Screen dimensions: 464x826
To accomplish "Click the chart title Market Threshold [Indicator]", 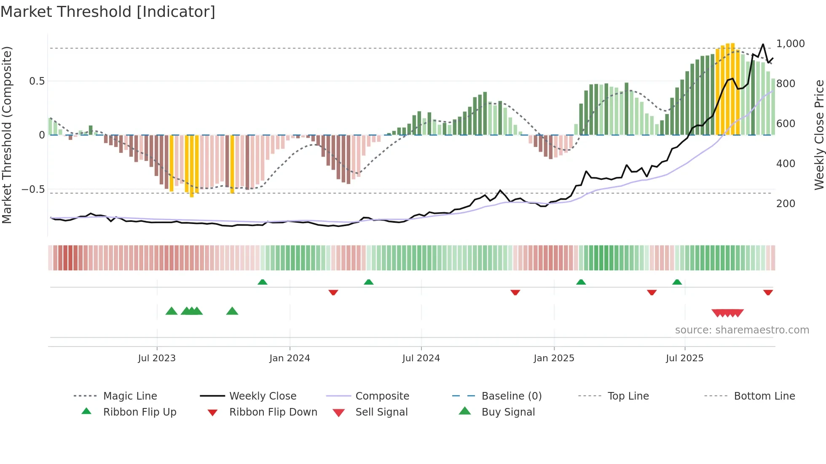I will pos(108,12).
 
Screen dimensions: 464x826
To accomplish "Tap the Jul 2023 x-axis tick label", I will pos(156,358).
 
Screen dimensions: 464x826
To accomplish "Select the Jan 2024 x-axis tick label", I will pos(290,358).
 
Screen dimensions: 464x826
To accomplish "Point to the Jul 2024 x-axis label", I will pos(421,358).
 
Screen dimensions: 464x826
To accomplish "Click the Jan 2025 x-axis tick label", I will pos(554,358).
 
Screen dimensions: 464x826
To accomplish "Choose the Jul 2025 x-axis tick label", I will pos(684,358).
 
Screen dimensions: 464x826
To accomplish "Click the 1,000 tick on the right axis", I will pos(790,44).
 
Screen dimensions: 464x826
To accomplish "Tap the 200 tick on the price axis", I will pos(786,204).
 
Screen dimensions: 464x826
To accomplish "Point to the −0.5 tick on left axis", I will pos(33,189).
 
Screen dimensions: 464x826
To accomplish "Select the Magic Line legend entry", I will pos(130,396).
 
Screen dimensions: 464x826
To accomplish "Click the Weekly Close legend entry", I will pos(263,396).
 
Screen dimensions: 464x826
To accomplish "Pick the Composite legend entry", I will pos(382,396).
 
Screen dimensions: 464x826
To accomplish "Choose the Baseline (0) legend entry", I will pos(511,396).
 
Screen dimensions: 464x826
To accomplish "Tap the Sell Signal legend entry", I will pos(381,412).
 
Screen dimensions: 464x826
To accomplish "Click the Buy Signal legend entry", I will pos(508,412).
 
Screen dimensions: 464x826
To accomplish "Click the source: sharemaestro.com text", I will pos(742,330).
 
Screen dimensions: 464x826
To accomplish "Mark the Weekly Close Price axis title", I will pos(819,135).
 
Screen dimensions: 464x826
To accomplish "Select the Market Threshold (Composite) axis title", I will pos(7,135).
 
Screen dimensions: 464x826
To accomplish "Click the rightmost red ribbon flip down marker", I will pos(768,292).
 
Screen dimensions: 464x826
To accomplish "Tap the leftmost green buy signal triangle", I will pos(172,311).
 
